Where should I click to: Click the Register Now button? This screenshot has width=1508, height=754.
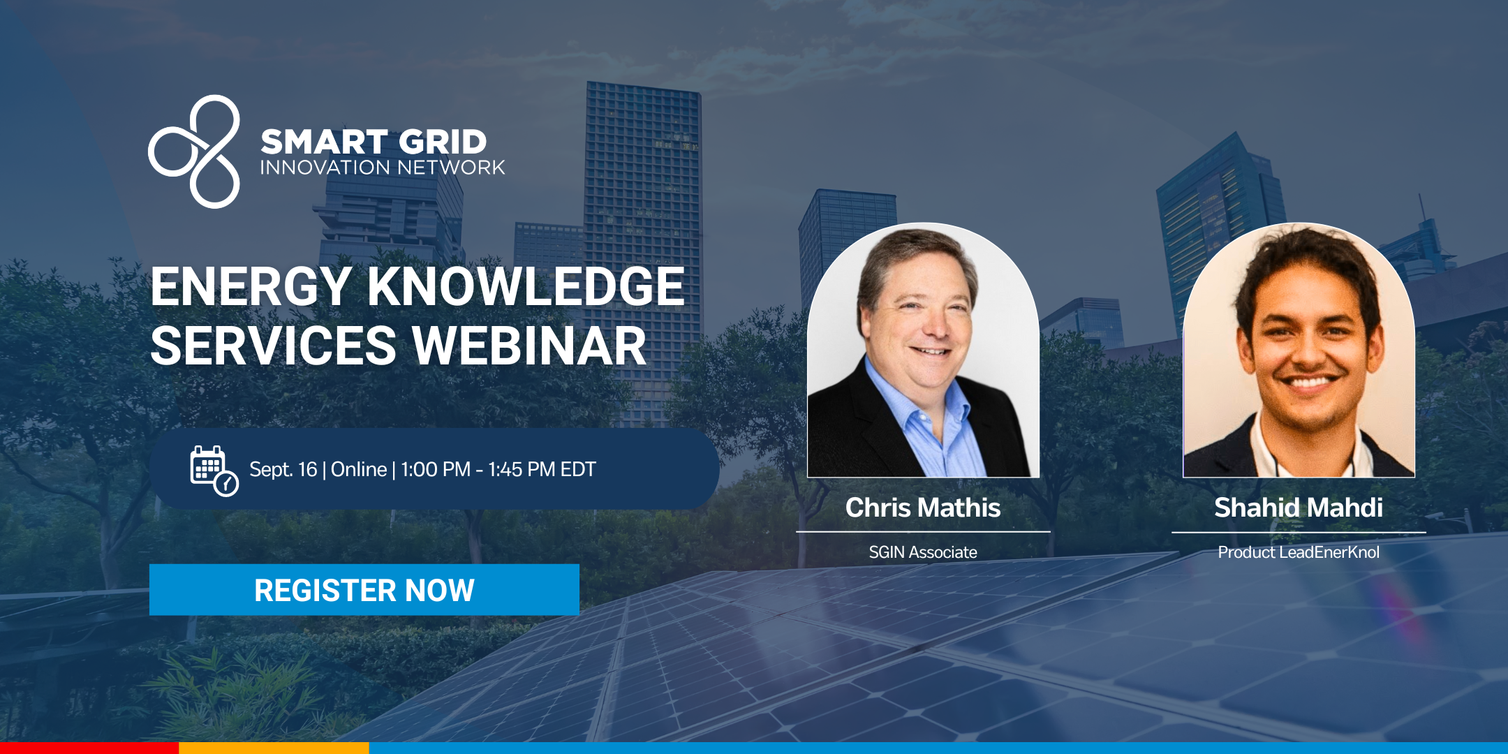pos(364,590)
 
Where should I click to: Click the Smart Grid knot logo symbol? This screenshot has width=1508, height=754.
pos(195,151)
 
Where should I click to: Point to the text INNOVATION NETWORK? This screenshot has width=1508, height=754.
pos(383,168)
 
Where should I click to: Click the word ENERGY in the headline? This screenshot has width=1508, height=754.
pos(251,287)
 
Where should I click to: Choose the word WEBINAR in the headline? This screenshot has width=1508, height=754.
pos(529,346)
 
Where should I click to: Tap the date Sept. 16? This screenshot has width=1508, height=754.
pos(283,469)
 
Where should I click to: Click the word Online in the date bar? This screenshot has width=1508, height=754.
pos(359,469)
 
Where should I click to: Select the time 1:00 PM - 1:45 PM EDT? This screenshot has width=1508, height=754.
pos(498,469)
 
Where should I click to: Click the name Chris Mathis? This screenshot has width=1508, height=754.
pos(923,508)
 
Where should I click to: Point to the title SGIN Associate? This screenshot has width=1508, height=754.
pos(923,552)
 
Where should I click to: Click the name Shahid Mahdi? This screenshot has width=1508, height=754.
pos(1299,508)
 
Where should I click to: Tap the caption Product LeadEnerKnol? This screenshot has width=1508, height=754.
pos(1299,552)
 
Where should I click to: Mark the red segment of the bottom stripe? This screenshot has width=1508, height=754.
pos(89,748)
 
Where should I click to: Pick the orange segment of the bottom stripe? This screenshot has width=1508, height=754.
pos(274,748)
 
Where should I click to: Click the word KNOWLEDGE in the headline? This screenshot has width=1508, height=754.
pos(526,287)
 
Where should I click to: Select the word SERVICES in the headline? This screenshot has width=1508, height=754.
pos(274,346)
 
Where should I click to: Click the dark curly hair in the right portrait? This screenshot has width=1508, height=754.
pos(1306,258)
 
